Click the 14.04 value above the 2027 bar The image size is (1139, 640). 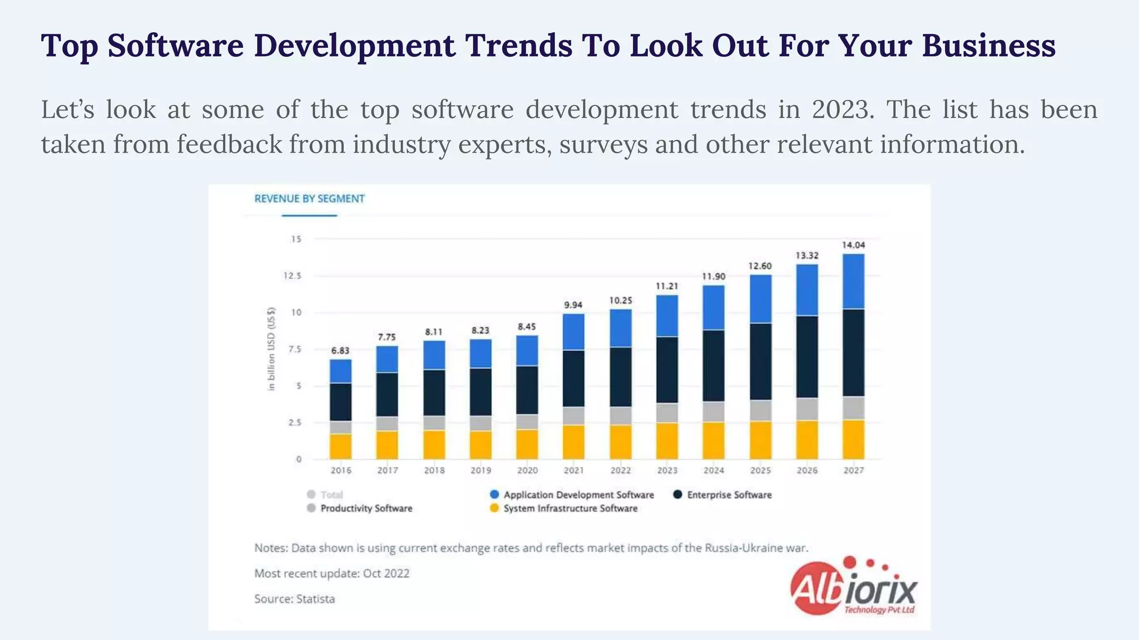coord(853,245)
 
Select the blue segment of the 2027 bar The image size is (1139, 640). coord(853,281)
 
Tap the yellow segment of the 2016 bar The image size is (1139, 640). coord(340,446)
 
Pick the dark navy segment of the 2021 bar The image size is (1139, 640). coord(573,378)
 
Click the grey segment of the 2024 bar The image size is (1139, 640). coord(714,412)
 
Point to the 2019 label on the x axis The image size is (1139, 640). coord(481,471)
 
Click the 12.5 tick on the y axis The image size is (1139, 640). coord(293,276)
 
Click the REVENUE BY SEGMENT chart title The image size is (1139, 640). coord(309,199)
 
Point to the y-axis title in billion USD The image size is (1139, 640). coord(271,349)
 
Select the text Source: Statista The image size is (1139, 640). coord(294,599)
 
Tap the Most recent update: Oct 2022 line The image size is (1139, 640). coord(331,573)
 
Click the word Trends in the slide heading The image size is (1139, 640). coord(518,46)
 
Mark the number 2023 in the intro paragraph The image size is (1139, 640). coord(840,109)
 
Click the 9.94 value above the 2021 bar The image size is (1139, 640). coord(573,305)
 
